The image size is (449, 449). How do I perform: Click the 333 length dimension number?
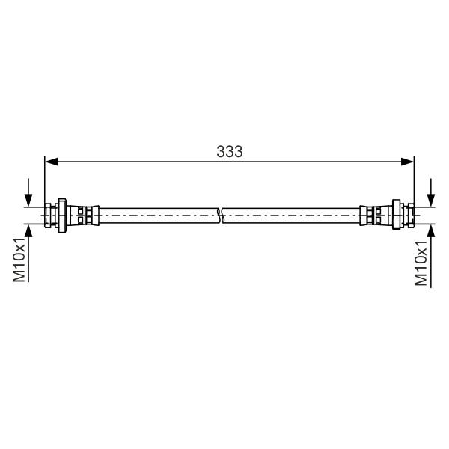pos(230,151)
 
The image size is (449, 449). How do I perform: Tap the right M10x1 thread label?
pos(421,263)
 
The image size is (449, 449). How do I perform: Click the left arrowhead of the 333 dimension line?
pos(52,162)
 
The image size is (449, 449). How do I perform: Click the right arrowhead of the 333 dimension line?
pos(407,162)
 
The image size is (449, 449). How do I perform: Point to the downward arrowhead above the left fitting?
pos(28,200)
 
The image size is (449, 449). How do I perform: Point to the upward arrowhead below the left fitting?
pos(28,230)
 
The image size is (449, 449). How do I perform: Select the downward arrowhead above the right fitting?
pos(431,200)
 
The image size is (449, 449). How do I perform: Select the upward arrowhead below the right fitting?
pos(431,230)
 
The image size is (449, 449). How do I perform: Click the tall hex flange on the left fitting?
pos(62,216)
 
